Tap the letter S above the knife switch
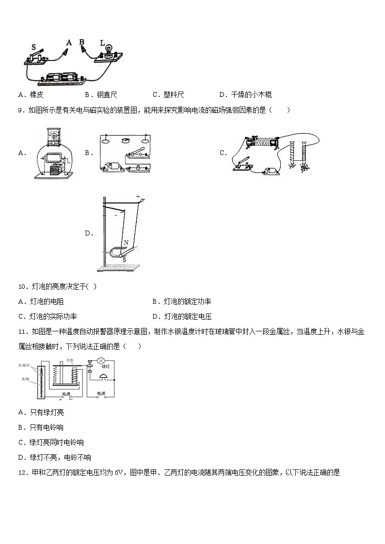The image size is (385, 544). (x=33, y=47)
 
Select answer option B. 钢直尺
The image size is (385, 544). (x=101, y=95)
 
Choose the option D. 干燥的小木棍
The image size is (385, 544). (x=245, y=95)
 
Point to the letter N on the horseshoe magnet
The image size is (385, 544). (x=126, y=242)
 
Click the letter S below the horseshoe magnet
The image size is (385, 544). (x=124, y=260)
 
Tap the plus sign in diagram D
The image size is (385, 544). (x=138, y=197)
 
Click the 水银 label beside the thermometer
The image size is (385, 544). (x=24, y=379)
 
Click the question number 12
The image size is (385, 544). (x=22, y=473)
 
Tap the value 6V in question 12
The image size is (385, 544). (x=121, y=473)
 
